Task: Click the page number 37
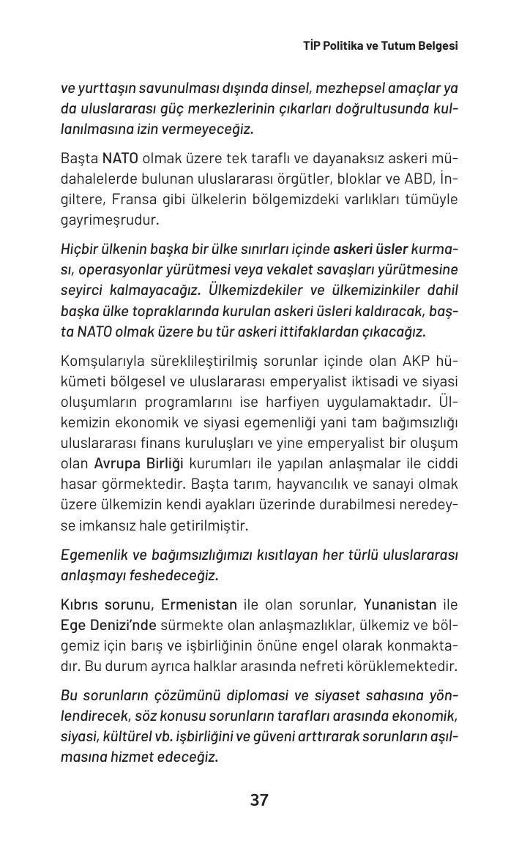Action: [x=259, y=800]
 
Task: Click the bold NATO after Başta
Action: [x=120, y=158]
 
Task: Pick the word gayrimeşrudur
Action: [x=109, y=220]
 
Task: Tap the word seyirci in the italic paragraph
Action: [x=83, y=290]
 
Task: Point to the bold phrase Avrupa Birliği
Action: [x=139, y=463]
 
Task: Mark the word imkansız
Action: [x=102, y=525]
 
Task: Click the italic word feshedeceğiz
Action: [x=175, y=575]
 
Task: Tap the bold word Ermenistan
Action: [x=199, y=604]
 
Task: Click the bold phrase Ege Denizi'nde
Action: [x=108, y=625]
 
